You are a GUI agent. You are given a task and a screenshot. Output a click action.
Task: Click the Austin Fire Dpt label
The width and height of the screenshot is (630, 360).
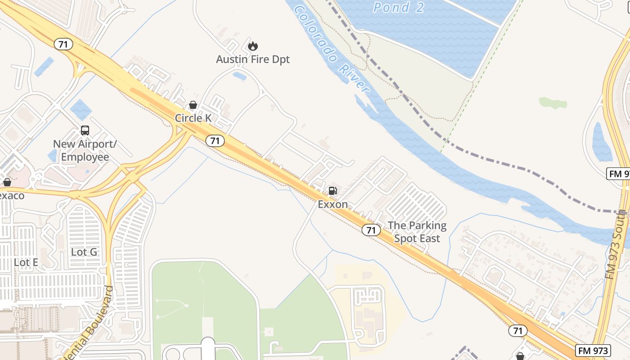(x=253, y=59)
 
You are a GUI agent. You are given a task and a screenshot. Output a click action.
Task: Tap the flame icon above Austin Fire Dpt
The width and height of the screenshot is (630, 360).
(x=253, y=45)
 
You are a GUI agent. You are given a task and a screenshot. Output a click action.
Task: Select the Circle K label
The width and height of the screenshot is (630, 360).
(x=193, y=118)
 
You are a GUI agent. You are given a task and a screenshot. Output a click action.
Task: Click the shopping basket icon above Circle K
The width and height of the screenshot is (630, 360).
(x=193, y=105)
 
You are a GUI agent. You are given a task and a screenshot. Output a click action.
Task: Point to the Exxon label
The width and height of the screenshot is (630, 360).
(x=333, y=204)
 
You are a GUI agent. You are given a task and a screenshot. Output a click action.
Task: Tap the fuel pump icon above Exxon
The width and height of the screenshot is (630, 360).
(x=333, y=191)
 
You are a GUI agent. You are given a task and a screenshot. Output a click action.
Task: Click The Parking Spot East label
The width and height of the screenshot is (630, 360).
(x=417, y=232)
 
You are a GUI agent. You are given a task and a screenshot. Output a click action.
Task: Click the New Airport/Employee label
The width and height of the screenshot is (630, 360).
(x=85, y=150)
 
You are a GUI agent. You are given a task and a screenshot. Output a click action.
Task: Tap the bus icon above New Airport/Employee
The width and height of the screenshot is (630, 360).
(x=85, y=130)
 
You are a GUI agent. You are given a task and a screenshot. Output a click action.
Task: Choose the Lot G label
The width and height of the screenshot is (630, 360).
(x=84, y=252)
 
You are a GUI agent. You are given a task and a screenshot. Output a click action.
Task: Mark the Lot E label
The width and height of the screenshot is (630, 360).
(x=26, y=262)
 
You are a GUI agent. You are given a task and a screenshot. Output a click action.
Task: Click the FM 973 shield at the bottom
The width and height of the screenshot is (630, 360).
(x=593, y=351)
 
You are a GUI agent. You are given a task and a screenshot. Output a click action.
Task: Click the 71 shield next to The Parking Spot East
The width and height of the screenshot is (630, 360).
(x=371, y=230)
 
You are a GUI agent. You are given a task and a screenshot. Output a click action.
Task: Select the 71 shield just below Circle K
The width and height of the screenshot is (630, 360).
(x=215, y=141)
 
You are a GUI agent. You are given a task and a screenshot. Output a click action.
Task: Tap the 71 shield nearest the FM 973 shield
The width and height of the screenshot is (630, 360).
(x=518, y=331)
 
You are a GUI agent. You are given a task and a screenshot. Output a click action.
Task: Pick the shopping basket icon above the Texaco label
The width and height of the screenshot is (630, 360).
(x=7, y=182)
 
